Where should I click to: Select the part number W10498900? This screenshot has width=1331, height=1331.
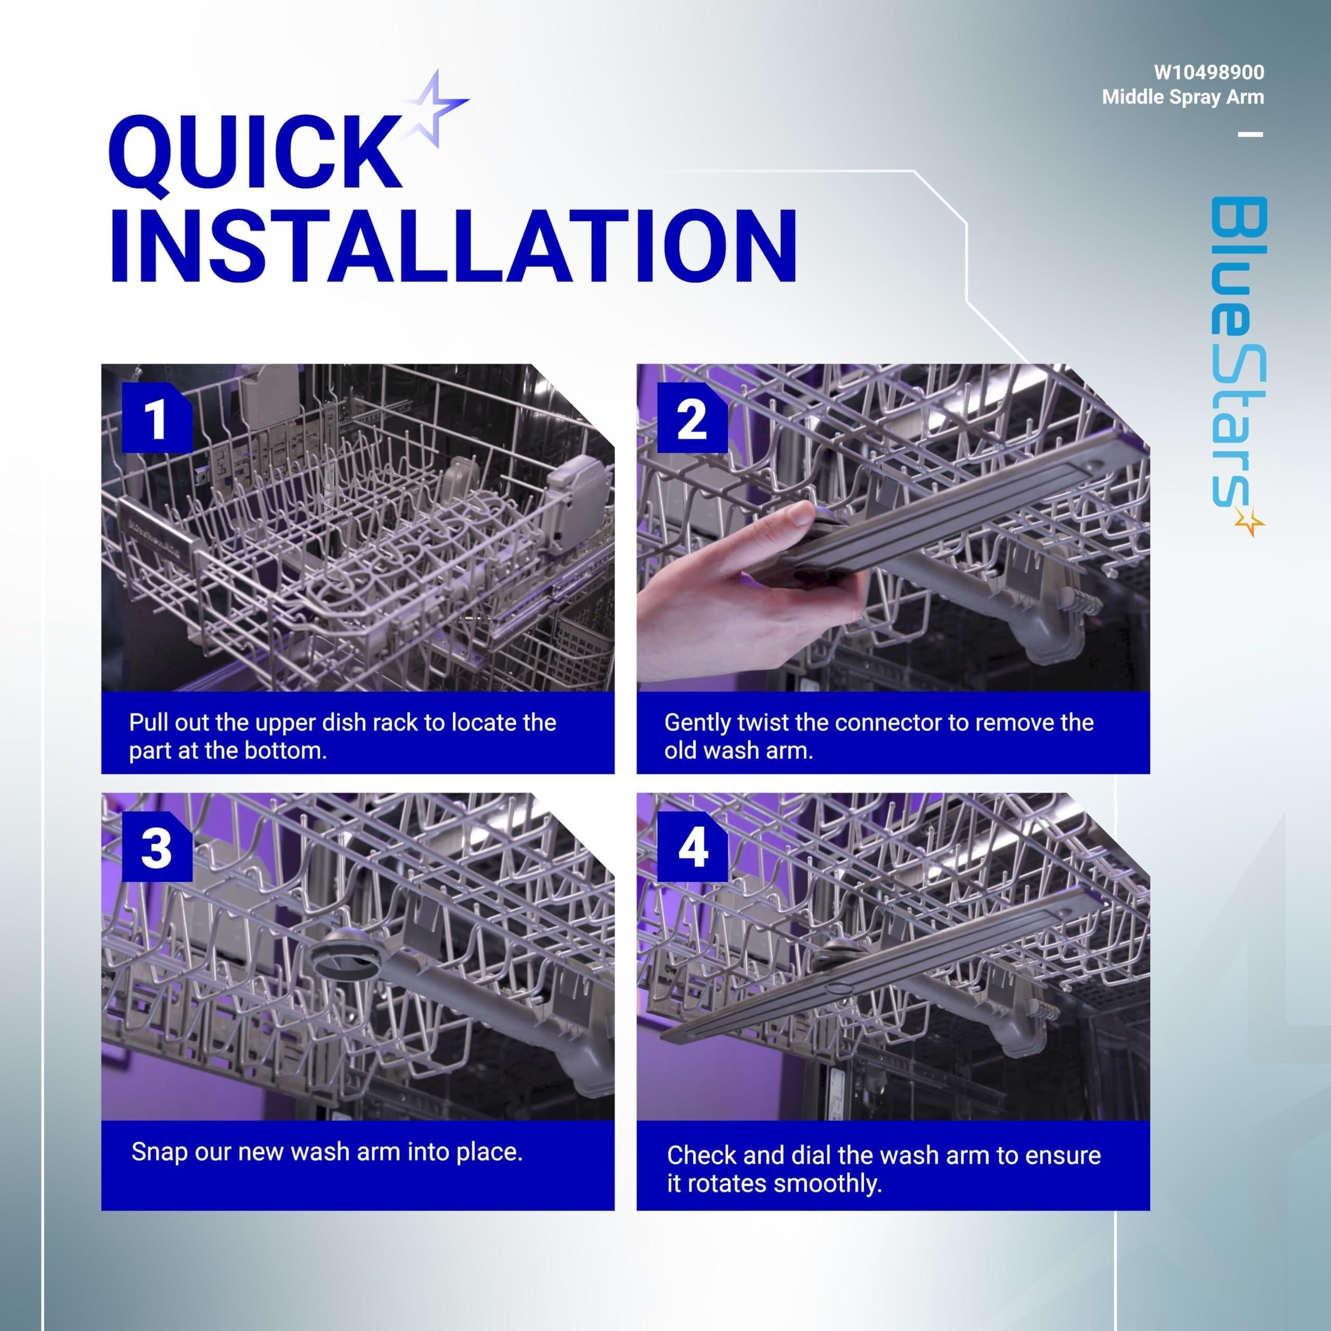[x=1208, y=72]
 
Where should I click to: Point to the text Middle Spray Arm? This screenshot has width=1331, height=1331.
[x=1183, y=97]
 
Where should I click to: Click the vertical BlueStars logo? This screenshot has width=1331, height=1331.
[x=1238, y=365]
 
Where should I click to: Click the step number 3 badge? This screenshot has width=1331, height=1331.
[x=156, y=847]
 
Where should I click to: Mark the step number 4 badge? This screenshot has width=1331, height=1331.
[x=691, y=847]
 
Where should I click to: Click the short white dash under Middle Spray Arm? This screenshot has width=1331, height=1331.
[x=1250, y=134]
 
